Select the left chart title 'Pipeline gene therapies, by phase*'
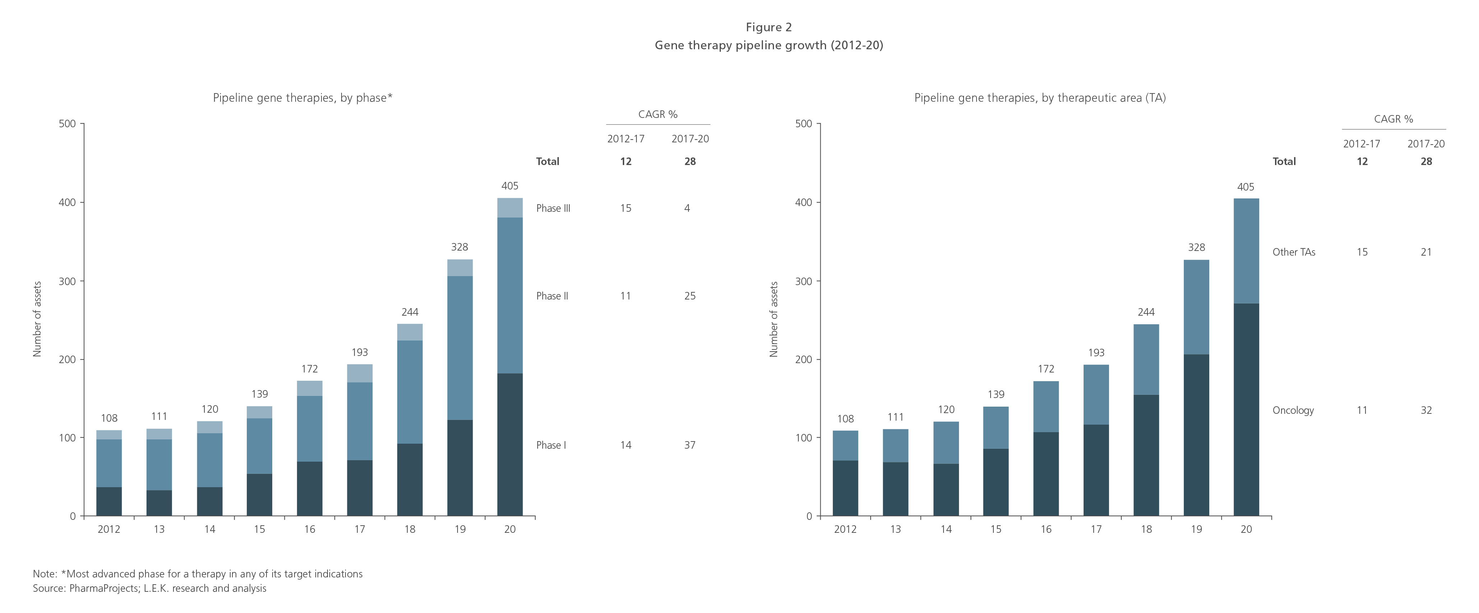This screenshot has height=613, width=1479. (x=302, y=98)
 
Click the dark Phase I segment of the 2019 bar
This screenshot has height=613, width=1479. (x=459, y=468)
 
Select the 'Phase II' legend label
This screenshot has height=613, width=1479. (x=552, y=296)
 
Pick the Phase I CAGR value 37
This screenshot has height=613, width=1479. (x=690, y=445)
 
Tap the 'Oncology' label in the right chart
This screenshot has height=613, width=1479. (x=1293, y=410)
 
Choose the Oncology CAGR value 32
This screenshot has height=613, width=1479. (x=1426, y=410)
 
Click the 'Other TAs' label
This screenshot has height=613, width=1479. (x=1294, y=252)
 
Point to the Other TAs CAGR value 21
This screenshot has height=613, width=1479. (x=1426, y=252)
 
